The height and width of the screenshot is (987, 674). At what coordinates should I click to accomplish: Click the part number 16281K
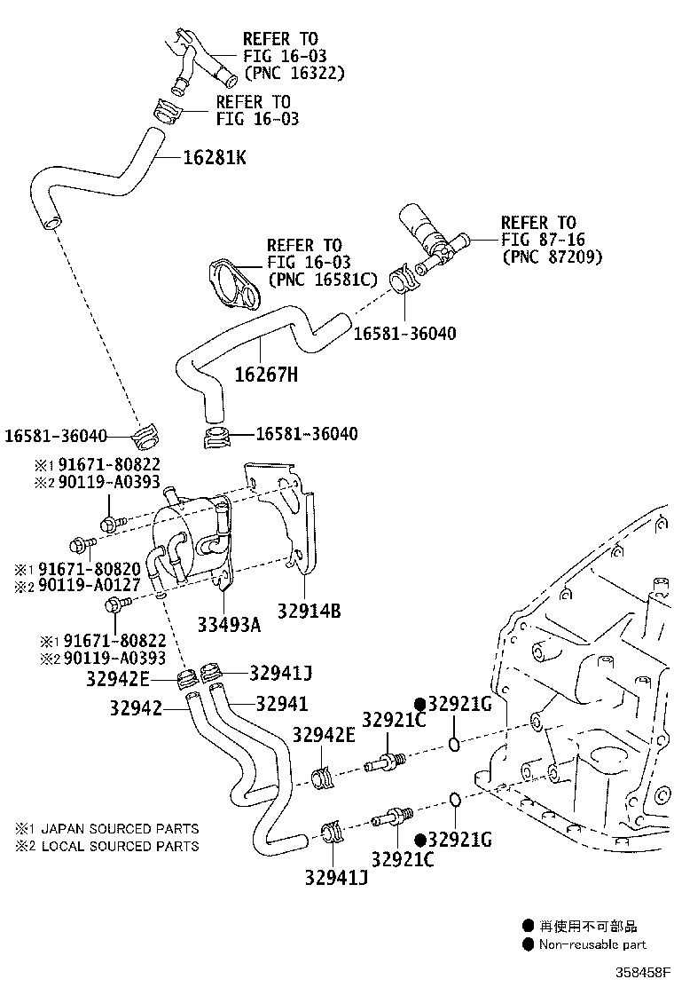point(215,157)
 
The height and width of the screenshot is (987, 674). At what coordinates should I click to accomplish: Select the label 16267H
point(266,375)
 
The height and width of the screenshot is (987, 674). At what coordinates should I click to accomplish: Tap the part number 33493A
point(229,625)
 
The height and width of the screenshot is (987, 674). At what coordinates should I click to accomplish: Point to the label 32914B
point(310,611)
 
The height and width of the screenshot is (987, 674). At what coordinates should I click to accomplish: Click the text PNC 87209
point(552,257)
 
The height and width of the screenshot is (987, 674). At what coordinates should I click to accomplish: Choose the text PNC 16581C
point(323,280)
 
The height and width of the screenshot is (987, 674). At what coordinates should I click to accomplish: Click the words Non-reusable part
point(592,944)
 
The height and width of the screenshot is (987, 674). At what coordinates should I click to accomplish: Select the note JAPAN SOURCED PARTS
point(120,829)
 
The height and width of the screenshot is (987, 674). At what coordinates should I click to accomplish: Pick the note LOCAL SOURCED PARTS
point(120,847)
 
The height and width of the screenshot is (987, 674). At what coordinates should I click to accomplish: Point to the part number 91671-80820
point(90,569)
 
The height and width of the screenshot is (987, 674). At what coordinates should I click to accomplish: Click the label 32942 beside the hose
point(136,708)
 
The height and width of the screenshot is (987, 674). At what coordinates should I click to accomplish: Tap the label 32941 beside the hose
point(282,703)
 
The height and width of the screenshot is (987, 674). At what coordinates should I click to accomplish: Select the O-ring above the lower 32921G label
point(455,800)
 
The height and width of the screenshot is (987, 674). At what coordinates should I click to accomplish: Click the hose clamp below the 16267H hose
point(217,437)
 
